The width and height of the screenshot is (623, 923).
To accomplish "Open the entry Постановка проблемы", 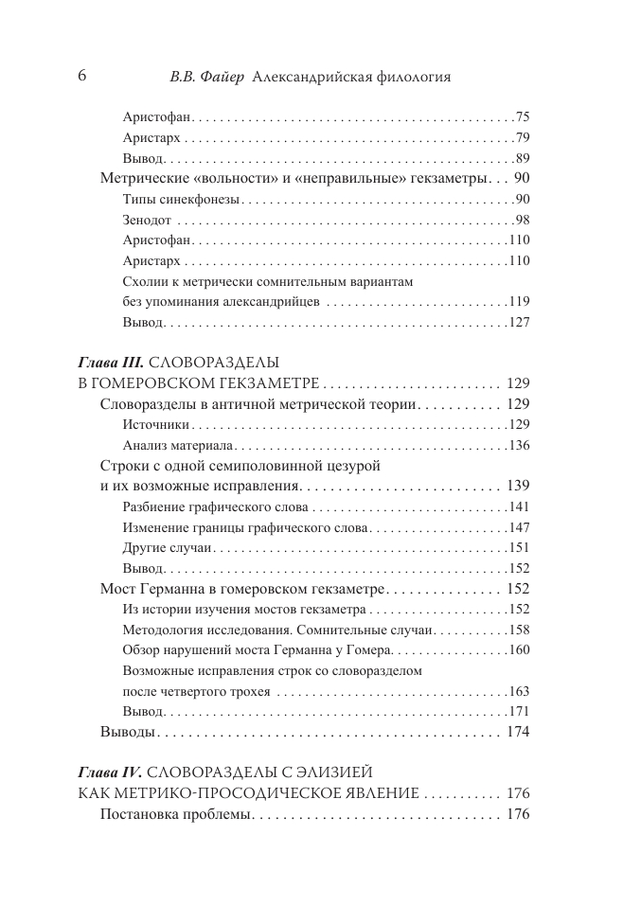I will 173,814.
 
